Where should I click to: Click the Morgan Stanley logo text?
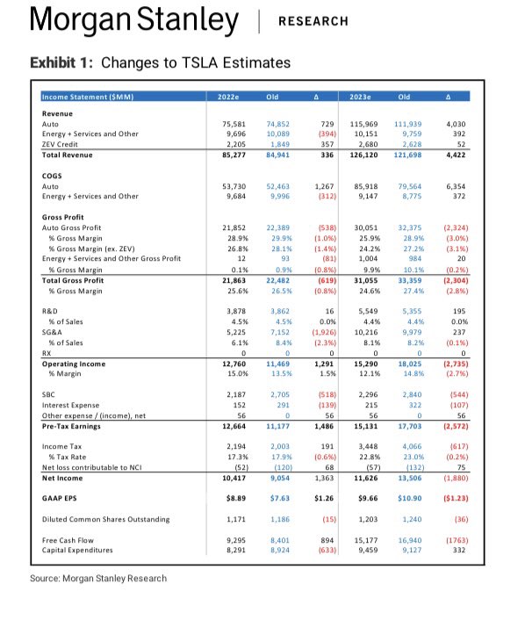[x=134, y=20]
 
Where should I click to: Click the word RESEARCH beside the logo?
[x=313, y=21]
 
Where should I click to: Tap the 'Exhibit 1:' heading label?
[x=61, y=62]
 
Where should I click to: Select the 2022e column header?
[x=228, y=97]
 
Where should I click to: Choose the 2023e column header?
[x=360, y=97]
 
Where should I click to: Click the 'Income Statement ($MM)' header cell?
[x=88, y=97]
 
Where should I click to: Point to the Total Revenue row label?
[x=68, y=155]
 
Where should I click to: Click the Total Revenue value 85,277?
[x=234, y=155]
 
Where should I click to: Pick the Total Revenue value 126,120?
[x=363, y=155]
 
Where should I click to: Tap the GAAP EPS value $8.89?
[x=236, y=498]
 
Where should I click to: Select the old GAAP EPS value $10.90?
[x=410, y=498]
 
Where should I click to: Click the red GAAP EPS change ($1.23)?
[x=456, y=498]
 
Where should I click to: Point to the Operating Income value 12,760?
[x=234, y=364]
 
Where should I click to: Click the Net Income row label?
[x=62, y=479]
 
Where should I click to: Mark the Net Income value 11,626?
[x=366, y=479]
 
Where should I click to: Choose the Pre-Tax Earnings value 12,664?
[x=234, y=426]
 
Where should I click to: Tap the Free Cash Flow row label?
[x=68, y=540]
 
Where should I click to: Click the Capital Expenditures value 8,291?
[x=236, y=551]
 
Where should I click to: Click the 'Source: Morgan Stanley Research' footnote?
[x=98, y=578]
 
